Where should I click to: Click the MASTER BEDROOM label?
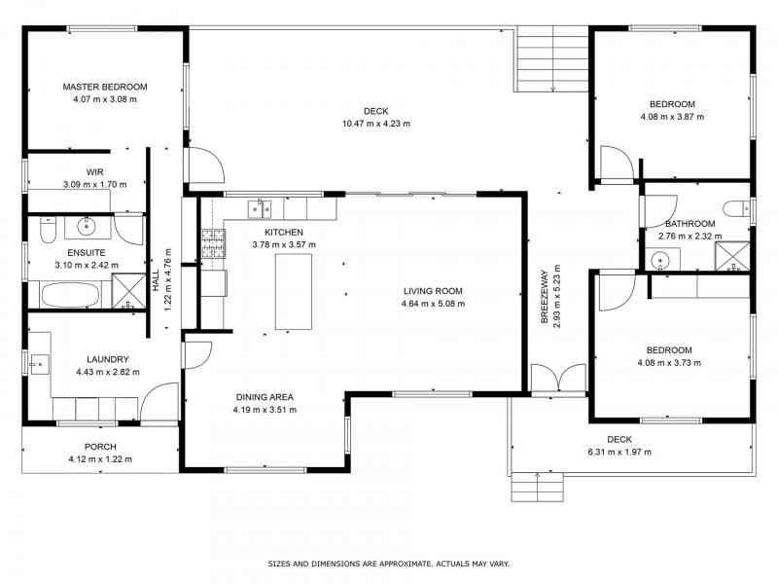[x=105, y=87]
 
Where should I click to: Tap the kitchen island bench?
[x=294, y=291]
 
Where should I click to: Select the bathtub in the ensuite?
[x=70, y=296]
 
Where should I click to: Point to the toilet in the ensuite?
[x=48, y=230]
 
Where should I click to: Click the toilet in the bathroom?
[x=738, y=208]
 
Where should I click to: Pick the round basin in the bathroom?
[x=660, y=260]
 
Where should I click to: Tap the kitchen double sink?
[x=260, y=208]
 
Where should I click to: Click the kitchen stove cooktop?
[x=213, y=243]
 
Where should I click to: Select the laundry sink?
[x=39, y=364]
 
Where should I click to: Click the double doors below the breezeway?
[x=558, y=380]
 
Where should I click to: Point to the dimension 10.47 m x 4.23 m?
[x=376, y=124]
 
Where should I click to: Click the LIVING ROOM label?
[x=433, y=291]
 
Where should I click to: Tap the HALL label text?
[x=156, y=280]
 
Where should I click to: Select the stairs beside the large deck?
[x=552, y=58]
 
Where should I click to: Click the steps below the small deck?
[x=538, y=487]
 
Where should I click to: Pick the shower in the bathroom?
[x=732, y=257]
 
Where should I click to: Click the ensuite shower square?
[x=129, y=291]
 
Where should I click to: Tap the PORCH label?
[x=100, y=447]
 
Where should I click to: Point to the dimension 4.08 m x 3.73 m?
[x=669, y=362]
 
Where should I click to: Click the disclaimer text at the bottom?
[x=388, y=564]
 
